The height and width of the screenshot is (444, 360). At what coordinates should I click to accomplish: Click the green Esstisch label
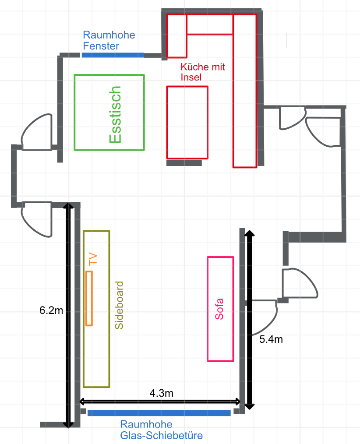(115, 114)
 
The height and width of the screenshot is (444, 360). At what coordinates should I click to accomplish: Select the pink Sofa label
(219, 309)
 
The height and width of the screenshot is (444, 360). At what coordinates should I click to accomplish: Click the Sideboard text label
(119, 305)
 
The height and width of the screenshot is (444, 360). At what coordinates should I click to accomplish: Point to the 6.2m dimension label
(51, 310)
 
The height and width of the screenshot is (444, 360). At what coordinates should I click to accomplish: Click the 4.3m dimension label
(162, 393)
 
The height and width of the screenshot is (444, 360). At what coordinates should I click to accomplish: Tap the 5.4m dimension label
(271, 339)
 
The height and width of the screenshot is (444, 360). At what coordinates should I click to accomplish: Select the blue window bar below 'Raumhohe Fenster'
(113, 55)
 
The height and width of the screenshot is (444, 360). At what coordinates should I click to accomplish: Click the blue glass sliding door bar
(159, 413)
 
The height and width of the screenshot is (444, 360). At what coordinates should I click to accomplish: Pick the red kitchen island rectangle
(167, 122)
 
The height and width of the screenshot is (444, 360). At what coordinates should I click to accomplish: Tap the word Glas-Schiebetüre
(162, 435)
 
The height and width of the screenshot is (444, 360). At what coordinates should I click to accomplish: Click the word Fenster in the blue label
(101, 46)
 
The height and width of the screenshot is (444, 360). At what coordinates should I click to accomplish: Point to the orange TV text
(93, 259)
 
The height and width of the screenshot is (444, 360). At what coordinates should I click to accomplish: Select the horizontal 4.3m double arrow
(160, 401)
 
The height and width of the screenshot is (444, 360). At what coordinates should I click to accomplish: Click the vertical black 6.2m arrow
(68, 315)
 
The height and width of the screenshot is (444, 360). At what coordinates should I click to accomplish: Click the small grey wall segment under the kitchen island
(184, 163)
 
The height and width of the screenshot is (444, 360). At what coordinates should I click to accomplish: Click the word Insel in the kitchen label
(191, 77)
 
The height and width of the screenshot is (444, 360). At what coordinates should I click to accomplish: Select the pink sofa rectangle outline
(207, 309)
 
